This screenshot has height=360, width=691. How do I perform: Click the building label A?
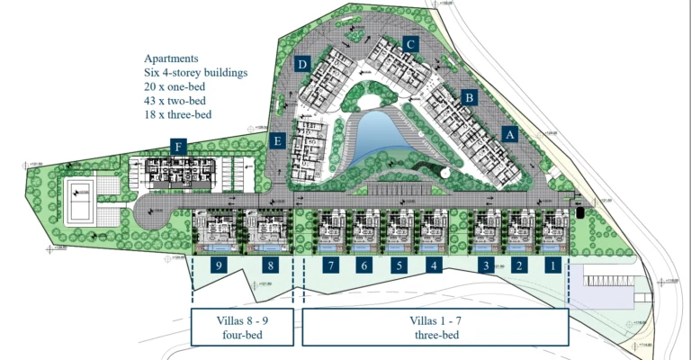pos(510,133)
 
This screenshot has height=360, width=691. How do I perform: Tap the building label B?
pos(468,96)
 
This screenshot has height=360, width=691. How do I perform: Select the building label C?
pos(410,43)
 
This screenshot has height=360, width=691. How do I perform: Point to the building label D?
pos(303,64)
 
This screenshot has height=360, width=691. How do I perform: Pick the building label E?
pos(279,140)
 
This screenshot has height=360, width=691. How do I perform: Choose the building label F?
pos(179,147)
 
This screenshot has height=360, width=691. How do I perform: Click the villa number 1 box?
pos(553,265)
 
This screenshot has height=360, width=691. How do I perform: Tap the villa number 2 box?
pos(518,265)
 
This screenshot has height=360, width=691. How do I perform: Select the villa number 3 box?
pos(486,265)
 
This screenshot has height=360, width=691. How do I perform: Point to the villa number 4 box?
pos(434,265)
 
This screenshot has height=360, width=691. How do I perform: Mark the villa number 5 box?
pos(398,265)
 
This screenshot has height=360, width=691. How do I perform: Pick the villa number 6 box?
pos(363,265)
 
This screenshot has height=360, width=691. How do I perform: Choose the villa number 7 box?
pos(331,265)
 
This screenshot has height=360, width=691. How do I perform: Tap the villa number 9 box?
pos(219,265)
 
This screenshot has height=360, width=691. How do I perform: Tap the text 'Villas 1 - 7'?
pos(435,319)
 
